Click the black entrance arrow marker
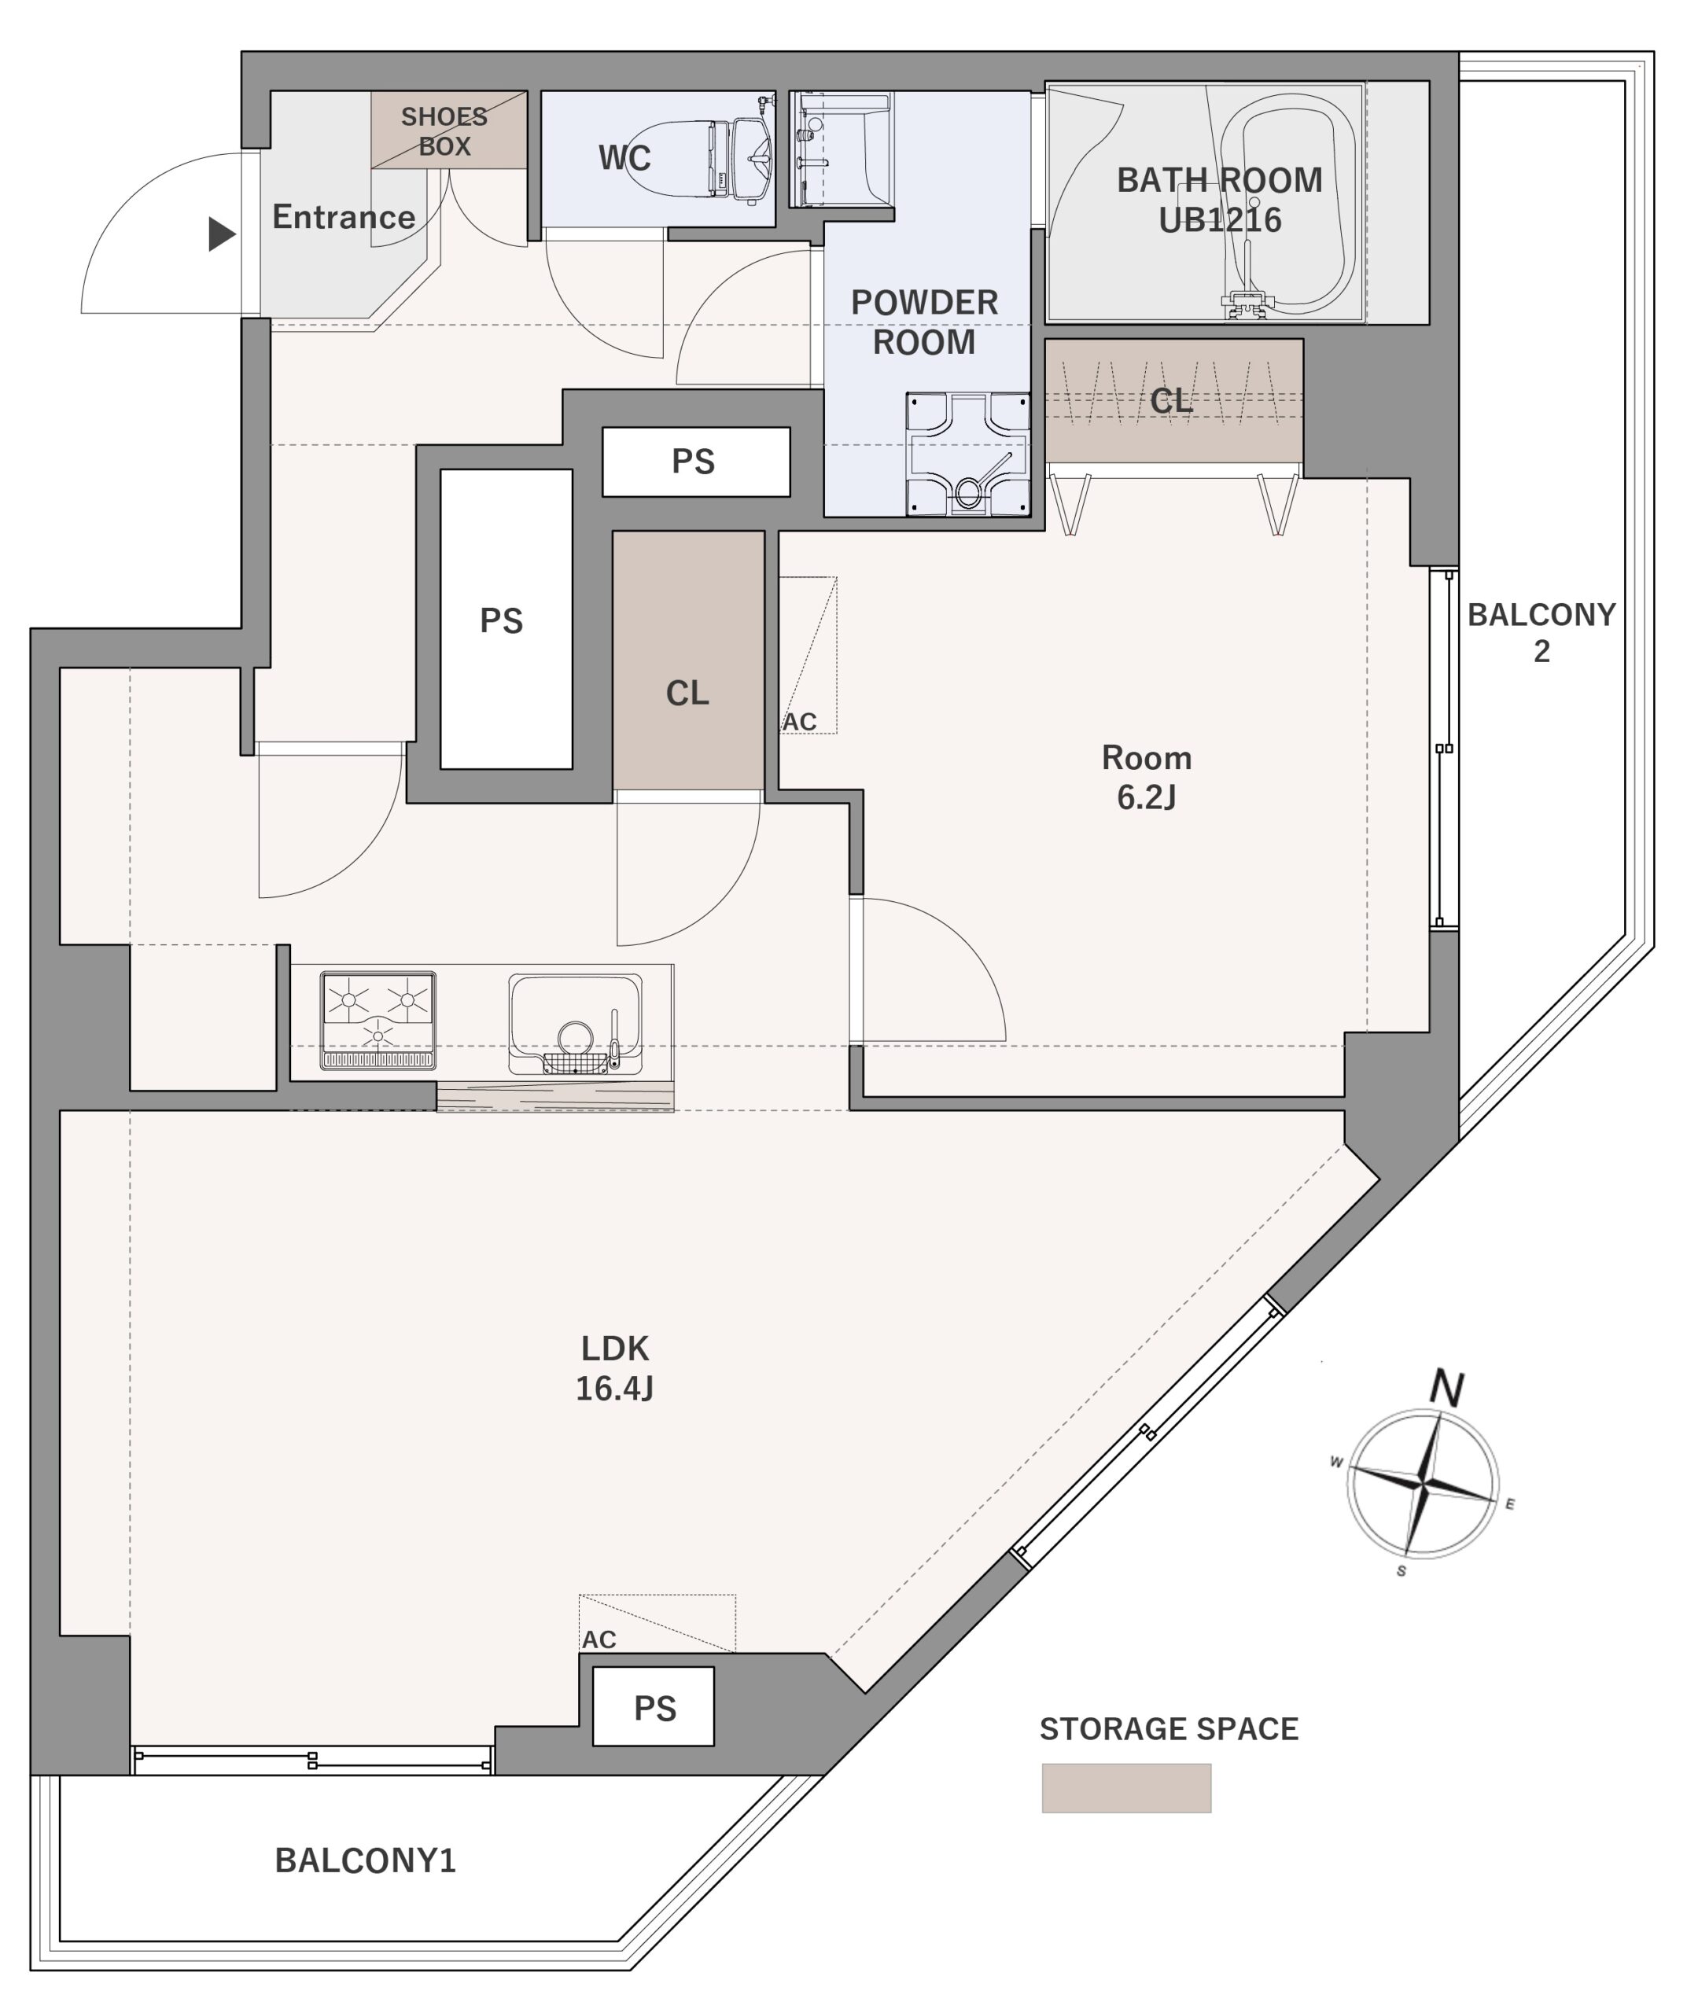(223, 234)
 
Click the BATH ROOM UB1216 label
(1219, 200)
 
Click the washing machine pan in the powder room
(968, 454)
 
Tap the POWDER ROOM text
(925, 322)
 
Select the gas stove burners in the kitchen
(378, 1021)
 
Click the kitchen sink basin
(575, 1025)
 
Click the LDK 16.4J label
(614, 1368)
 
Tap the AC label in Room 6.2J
(799, 722)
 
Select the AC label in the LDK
(599, 1640)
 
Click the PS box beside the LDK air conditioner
(654, 1707)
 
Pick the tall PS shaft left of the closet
(506, 620)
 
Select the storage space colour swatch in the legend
(1126, 1789)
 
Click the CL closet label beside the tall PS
(687, 693)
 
